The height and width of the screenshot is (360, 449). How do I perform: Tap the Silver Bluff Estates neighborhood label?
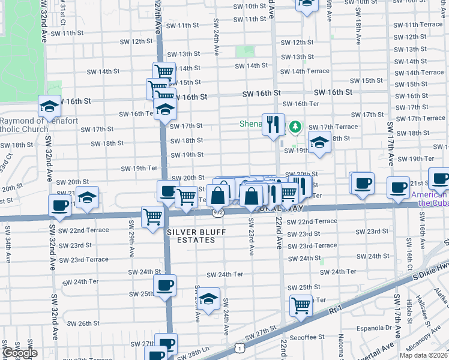click(191, 236)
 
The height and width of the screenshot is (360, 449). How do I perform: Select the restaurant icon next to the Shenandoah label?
click(273, 124)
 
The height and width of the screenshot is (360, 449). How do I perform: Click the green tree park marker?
click(295, 127)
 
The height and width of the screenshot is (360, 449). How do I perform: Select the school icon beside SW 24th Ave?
click(208, 299)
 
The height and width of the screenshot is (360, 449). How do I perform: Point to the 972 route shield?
click(218, 212)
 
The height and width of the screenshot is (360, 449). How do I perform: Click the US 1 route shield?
click(240, 347)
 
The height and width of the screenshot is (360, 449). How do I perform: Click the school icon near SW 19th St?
click(319, 143)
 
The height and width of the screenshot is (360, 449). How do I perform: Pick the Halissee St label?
click(421, 307)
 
